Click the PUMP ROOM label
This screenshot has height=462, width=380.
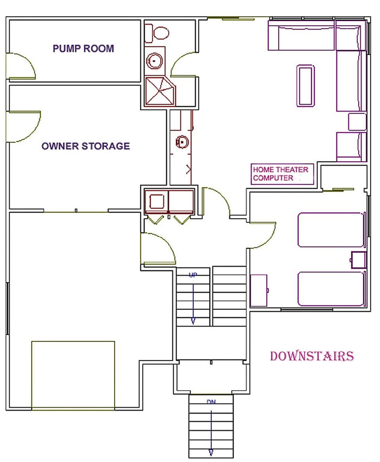point(83,49)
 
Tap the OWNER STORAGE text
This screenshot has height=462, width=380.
point(85,146)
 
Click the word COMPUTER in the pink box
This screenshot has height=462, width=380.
point(273,178)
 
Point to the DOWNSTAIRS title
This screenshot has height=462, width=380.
point(312,356)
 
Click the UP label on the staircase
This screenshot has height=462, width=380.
point(193,275)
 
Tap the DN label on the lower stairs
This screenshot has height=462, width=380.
point(211,402)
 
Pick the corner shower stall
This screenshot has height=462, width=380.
point(160,91)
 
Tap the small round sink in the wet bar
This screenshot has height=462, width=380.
point(181,141)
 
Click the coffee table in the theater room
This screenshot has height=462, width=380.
point(306,86)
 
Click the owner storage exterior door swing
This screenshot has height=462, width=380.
point(23,126)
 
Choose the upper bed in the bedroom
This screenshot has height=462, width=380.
point(331,230)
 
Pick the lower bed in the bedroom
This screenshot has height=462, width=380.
point(331,289)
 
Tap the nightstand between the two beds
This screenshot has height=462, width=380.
point(358,260)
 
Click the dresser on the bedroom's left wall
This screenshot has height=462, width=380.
point(259,291)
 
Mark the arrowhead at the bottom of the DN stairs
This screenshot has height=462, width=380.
point(211,452)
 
